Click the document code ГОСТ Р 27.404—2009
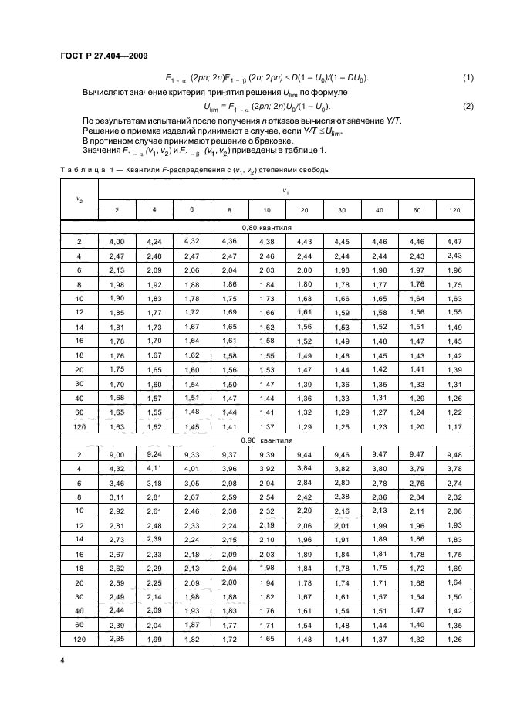pyautogui.click(x=104, y=56)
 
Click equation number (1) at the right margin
pyautogui.click(x=468, y=78)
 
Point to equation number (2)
pyautogui.click(x=468, y=106)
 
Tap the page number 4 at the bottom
pyautogui.click(x=62, y=660)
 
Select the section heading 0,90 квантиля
pyautogui.click(x=264, y=439)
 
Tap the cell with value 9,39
pyautogui.click(x=266, y=454)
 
